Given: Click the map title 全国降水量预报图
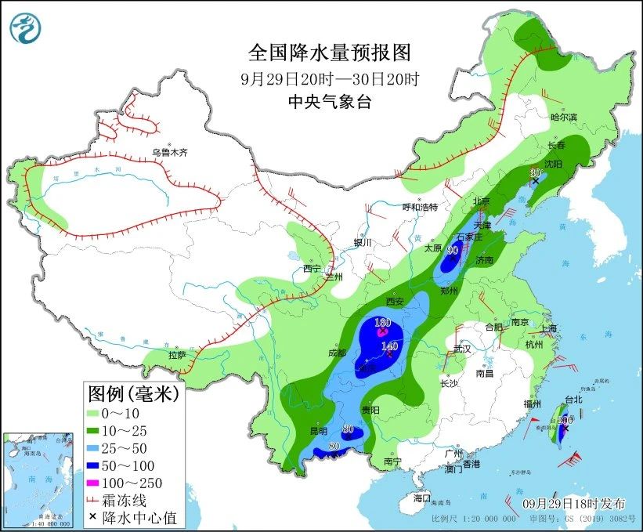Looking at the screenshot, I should (329, 52).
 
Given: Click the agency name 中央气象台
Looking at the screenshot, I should (329, 101).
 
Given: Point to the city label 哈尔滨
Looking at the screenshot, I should (563, 117).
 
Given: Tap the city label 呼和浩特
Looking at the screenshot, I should (420, 207).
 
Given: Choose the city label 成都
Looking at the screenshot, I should (338, 353).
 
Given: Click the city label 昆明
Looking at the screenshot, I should (319, 431).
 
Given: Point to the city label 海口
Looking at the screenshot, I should (422, 498).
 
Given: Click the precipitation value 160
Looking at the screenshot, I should (383, 323).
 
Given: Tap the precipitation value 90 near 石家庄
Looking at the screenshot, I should (452, 250).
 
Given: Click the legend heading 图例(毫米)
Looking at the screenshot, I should (133, 392).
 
